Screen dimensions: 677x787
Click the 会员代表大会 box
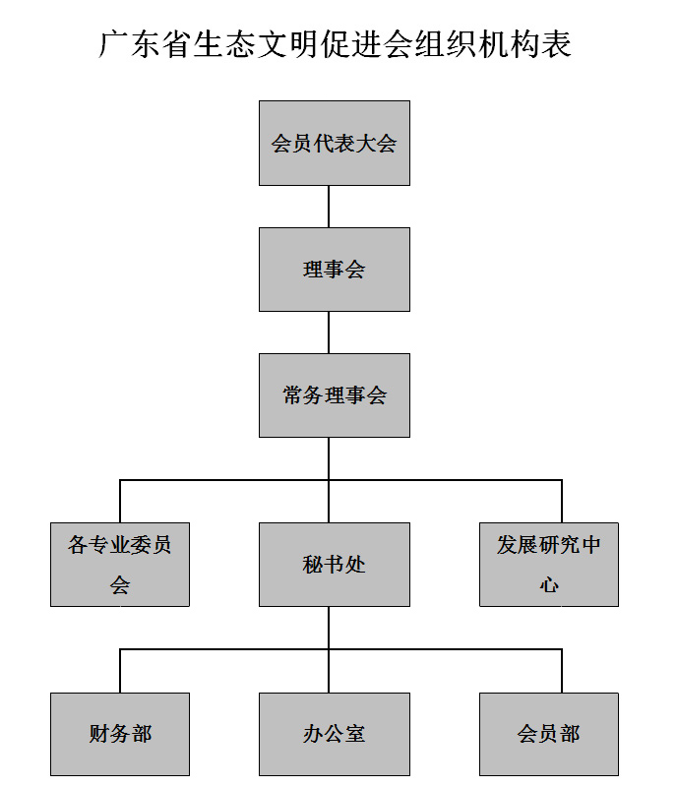pos(335,143)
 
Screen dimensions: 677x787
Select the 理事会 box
pos(335,270)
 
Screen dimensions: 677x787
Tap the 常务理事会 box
pos(335,395)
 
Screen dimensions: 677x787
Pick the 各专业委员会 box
pos(120,565)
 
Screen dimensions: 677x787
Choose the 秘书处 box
pos(335,565)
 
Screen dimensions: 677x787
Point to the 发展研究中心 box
pos(549,565)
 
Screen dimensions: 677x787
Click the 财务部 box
pos(120,734)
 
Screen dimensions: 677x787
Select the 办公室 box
pos(335,734)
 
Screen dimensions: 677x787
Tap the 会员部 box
pos(549,734)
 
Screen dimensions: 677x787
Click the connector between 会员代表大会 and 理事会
pos(329,207)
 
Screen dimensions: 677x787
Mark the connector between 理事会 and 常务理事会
pos(329,333)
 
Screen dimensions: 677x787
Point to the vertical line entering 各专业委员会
pos(120,502)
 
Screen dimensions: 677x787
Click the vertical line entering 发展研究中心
pos(562,502)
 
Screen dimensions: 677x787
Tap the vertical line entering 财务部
pos(120,671)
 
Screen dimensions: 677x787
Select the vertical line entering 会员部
pos(562,671)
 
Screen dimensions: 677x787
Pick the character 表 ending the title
pos(557,44)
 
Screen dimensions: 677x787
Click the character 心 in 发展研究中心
pos(549,585)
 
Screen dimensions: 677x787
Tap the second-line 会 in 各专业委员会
pos(120,585)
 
